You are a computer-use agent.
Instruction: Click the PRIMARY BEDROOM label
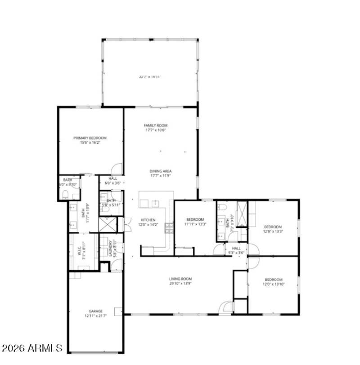point(90,138)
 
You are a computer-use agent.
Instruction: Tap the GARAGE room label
point(95,311)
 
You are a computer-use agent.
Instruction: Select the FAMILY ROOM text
point(155,125)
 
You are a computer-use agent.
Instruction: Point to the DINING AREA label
point(161,171)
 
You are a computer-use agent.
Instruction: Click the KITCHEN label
point(148,220)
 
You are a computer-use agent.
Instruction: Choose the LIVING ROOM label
point(180,279)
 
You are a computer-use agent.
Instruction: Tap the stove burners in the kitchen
point(170,228)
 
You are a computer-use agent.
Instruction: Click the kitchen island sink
point(155,204)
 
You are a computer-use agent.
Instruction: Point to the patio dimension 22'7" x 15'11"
point(150,77)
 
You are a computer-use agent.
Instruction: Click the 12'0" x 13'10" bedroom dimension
point(274,285)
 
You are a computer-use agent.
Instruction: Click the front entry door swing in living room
point(225,307)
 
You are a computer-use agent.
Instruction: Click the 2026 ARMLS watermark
point(31,348)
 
